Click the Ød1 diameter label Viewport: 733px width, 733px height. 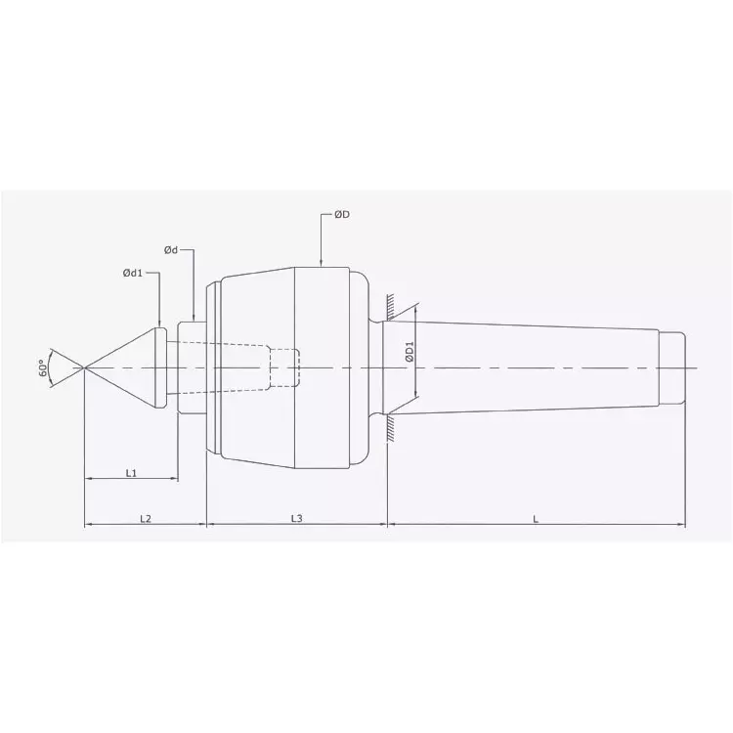133,274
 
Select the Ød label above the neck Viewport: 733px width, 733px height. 170,250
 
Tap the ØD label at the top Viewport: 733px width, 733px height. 342,215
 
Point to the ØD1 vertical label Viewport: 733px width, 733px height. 410,352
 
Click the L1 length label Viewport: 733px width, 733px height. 131,472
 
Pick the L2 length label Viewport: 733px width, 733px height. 145,519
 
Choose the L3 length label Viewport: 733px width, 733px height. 296,519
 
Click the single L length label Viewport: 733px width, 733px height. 536,519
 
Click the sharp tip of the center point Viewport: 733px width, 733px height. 85,367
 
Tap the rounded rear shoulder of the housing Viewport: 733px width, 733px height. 364,367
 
